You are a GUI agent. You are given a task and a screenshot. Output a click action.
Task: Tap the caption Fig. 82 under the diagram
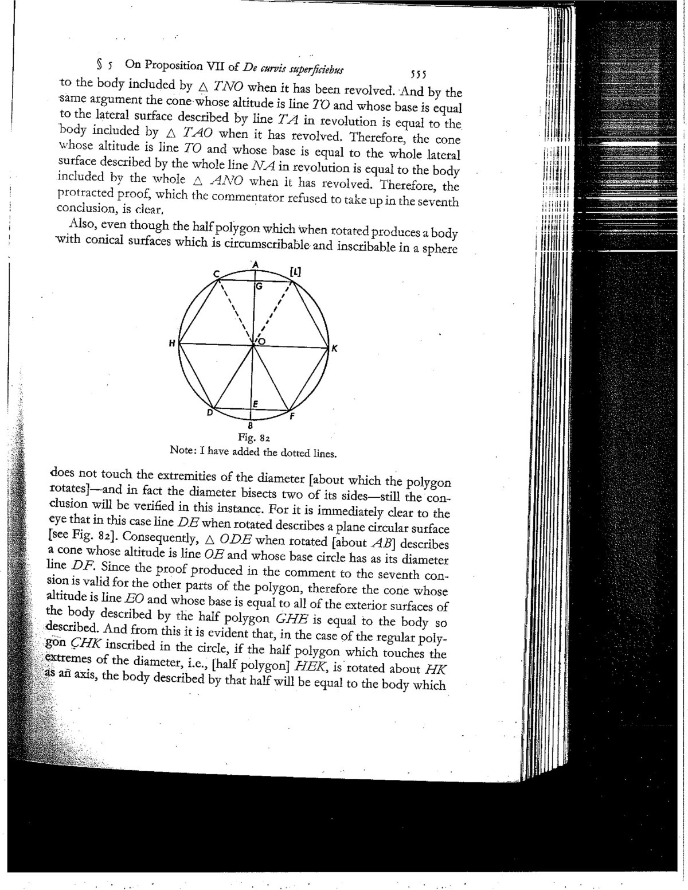(x=250, y=439)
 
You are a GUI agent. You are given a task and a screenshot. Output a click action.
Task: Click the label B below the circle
(x=250, y=426)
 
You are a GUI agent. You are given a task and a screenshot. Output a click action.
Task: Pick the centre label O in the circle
(x=261, y=342)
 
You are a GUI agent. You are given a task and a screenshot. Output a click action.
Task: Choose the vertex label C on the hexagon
(x=217, y=275)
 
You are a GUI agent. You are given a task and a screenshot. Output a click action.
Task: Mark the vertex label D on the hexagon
(x=210, y=412)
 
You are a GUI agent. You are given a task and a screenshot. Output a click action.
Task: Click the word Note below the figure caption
(x=181, y=451)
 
